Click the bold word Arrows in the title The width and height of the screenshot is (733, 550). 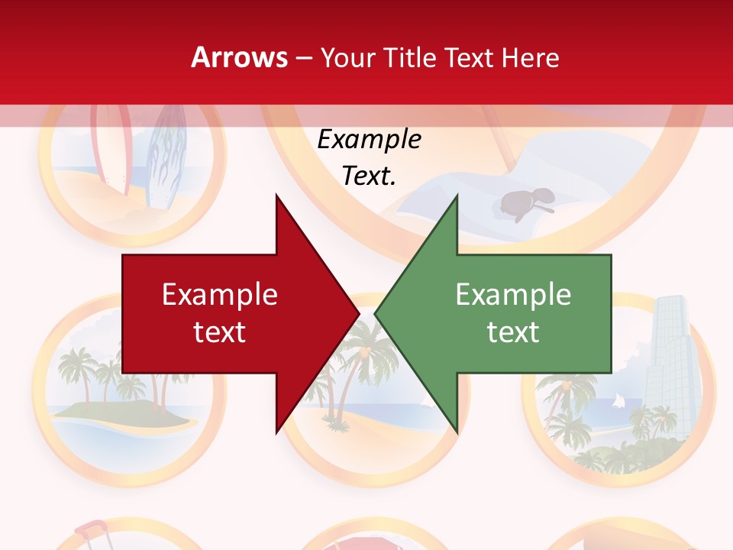coord(239,57)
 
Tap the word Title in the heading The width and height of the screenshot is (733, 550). coord(411,58)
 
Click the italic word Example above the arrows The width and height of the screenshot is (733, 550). coord(369,140)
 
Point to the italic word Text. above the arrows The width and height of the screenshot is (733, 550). coord(369,176)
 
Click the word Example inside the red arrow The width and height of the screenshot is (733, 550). coord(220,295)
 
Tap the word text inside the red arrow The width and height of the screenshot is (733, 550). coord(220,332)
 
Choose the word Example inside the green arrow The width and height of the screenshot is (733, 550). coord(513,295)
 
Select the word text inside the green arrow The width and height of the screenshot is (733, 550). coord(513,332)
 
